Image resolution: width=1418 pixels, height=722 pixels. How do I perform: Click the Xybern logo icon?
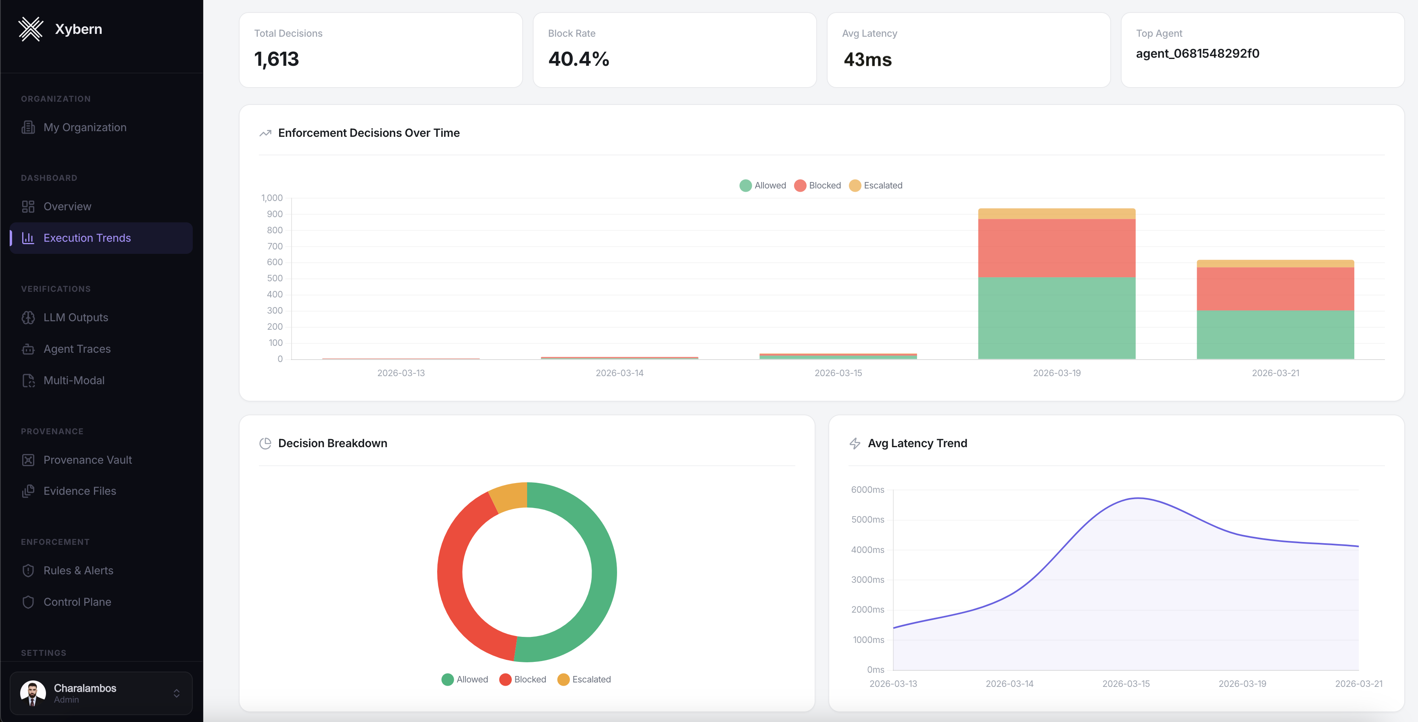pos(31,29)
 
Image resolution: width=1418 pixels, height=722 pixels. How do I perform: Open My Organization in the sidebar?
pos(85,127)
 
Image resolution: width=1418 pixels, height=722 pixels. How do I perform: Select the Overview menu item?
pos(67,207)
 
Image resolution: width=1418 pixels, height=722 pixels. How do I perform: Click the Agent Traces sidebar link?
pos(77,349)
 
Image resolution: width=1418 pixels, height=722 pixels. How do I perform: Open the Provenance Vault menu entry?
pos(88,460)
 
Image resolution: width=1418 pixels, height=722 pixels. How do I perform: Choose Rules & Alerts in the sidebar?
pos(78,571)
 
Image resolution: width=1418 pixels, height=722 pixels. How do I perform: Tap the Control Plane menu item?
pos(77,602)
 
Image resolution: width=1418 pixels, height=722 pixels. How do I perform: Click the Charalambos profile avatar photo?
pos(33,693)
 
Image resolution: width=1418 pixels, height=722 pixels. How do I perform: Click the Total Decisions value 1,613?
pos(276,59)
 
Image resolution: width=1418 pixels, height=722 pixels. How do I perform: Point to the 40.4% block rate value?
pos(579,59)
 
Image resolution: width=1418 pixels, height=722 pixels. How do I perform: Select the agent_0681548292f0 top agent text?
pos(1197,53)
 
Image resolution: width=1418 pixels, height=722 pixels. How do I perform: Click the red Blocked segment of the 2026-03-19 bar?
pos(1056,248)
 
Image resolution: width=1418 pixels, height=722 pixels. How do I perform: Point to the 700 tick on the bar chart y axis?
pos(275,246)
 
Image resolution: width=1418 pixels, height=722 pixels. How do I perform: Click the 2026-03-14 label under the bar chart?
pos(619,373)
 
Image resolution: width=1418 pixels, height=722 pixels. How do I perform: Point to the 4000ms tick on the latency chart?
pos(867,550)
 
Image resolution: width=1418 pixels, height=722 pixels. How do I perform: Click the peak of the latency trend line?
pos(1137,498)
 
